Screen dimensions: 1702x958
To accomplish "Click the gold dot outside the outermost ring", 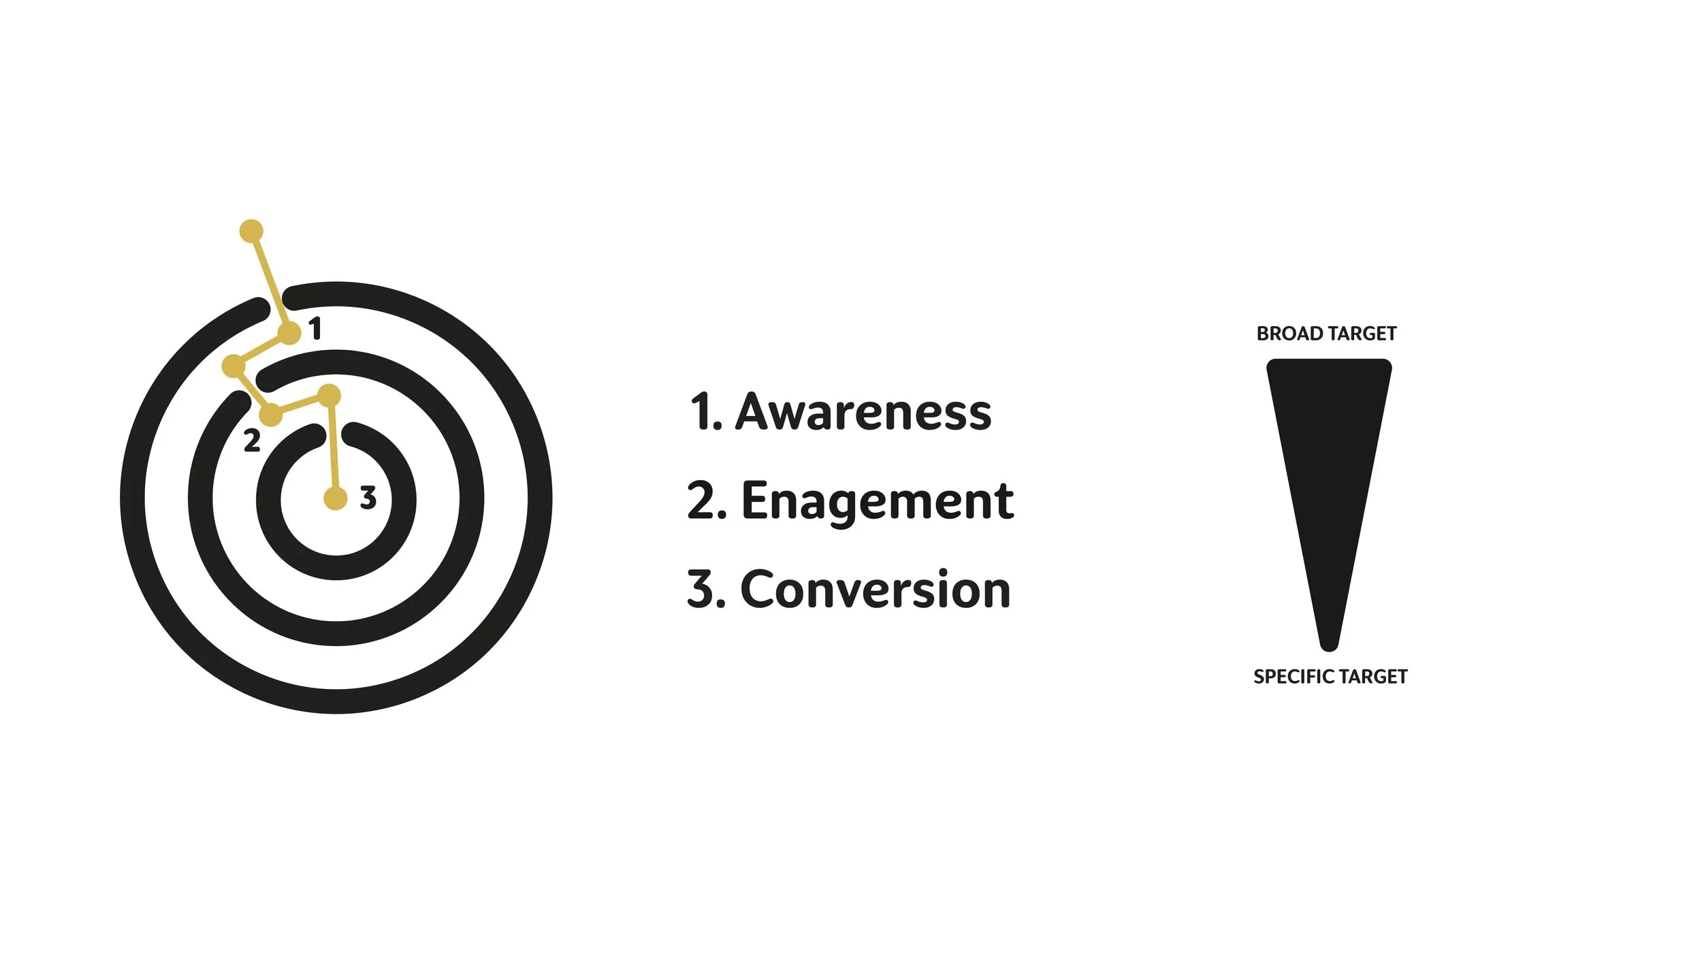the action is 251,231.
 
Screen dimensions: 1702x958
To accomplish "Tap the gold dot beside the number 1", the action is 289,334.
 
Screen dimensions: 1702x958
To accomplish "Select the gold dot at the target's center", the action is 335,498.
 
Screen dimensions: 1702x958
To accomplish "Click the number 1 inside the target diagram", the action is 315,329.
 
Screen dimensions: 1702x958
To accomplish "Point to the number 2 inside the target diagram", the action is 252,441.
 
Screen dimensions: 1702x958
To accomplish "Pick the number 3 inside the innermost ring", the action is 368,498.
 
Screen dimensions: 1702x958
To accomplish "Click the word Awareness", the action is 863,412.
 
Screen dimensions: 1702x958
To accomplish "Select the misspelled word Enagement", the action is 877,501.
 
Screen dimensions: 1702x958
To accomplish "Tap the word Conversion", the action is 875,589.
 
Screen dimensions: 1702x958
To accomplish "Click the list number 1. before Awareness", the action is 705,412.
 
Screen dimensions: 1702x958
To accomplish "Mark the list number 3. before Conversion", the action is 706,589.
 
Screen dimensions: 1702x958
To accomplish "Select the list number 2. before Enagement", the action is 707,501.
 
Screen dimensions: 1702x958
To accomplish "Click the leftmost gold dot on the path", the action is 234,366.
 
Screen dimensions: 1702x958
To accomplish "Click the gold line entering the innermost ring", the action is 332,449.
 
